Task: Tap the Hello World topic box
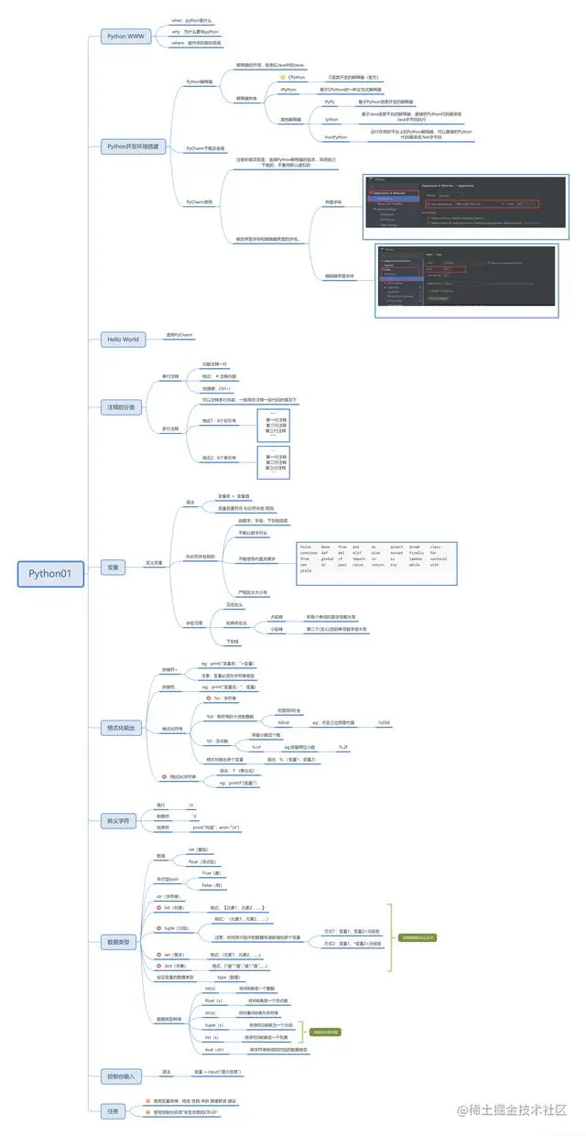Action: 124,339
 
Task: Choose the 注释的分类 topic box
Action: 121,406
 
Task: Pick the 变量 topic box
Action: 113,568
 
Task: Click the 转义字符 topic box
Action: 121,821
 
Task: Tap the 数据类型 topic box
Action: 120,941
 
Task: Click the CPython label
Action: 295,77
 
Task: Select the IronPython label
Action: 336,136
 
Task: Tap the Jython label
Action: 331,119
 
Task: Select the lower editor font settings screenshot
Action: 466,279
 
